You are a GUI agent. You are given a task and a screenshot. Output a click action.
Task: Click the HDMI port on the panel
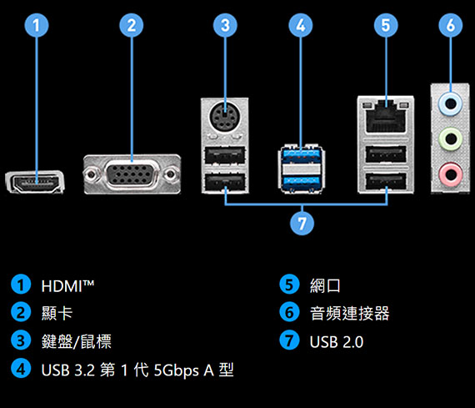35,182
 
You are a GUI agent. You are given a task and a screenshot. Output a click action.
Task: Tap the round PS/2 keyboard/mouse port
225,116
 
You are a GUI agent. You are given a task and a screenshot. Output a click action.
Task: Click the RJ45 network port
386,118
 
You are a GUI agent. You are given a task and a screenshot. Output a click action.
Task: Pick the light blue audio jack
451,104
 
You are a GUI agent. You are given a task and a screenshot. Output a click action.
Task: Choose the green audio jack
451,139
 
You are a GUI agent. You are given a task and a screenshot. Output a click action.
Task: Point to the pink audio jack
451,174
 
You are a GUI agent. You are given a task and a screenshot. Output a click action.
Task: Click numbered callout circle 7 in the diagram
302,224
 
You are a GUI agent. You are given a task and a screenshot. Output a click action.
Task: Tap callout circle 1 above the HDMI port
37,25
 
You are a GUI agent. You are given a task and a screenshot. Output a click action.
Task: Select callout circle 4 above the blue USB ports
301,25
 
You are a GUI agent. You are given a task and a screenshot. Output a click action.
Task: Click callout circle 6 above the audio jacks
451,25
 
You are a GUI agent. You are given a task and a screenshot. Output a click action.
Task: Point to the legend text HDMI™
67,285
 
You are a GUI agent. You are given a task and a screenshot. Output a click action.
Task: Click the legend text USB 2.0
337,342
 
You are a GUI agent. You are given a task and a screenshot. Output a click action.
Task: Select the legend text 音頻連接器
350,314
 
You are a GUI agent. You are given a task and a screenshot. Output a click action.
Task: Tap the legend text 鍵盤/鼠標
77,341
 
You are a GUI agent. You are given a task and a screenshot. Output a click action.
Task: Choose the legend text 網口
325,285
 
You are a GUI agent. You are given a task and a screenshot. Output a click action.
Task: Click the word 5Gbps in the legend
177,370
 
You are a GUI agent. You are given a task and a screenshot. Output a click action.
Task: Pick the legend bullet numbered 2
21,312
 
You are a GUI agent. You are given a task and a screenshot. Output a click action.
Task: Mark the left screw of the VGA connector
91,174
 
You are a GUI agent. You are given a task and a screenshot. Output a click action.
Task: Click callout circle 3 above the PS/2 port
225,25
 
